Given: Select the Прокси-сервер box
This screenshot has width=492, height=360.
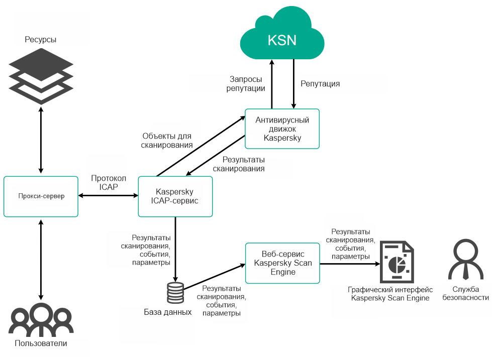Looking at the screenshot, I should pos(41,196).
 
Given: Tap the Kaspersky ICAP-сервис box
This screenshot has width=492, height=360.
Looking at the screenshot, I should pos(175,196).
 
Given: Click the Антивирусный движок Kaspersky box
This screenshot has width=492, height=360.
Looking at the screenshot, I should pos(282,129).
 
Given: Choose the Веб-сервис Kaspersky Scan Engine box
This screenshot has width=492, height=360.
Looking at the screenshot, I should pos(282,263).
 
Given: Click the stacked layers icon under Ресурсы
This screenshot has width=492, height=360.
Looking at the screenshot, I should pos(41,75).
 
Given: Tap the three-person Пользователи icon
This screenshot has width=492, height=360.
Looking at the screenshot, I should pos(41,320).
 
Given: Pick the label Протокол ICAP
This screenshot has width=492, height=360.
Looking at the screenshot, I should pos(108,183).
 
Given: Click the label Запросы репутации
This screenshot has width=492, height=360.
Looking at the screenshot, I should pos(247,84).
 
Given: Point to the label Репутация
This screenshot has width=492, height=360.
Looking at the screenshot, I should pos(320,84).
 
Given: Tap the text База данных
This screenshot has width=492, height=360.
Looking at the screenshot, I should pos(168,312).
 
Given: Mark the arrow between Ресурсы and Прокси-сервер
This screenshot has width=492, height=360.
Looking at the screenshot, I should pos(41,141).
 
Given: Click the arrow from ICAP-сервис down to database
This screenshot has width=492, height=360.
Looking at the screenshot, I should pos(175,249).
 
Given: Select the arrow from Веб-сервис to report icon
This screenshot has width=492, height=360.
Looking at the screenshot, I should pos(349,263).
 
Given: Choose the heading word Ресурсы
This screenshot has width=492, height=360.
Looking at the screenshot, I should pos(41,39).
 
